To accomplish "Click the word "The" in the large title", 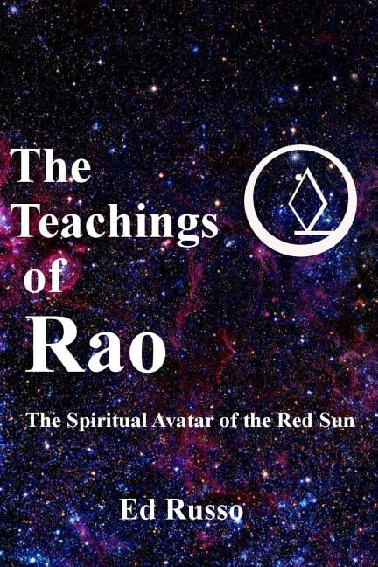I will tap(51, 166).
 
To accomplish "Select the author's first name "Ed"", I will tap(135, 509).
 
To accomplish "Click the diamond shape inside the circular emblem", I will tap(305, 199).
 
